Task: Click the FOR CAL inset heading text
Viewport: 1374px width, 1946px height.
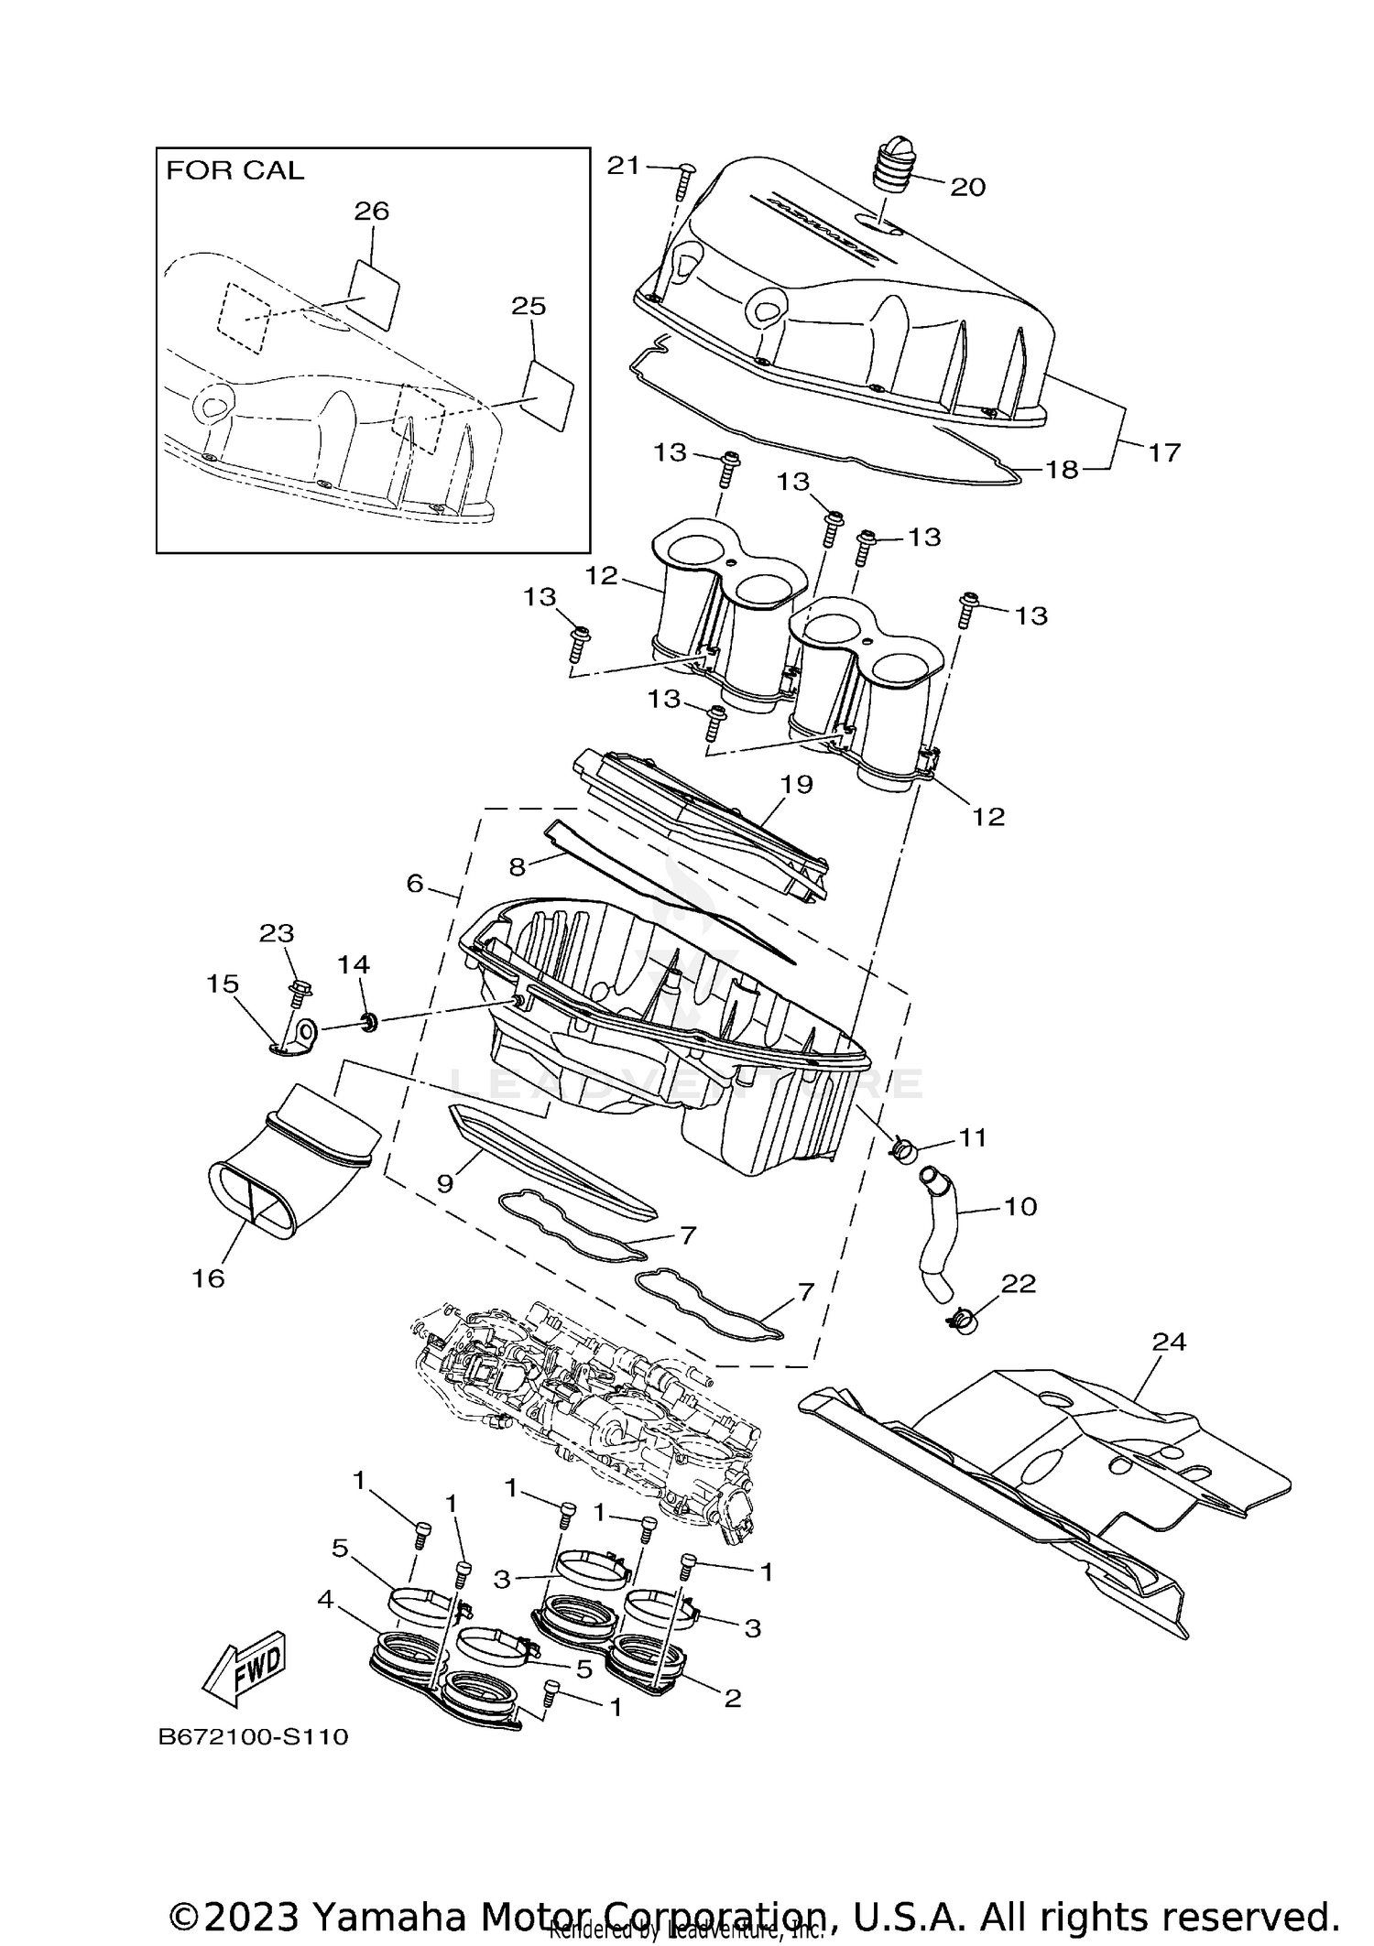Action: (x=234, y=171)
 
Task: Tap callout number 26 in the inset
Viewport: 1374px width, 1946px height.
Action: (x=372, y=212)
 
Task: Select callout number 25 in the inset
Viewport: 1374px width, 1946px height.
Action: (x=529, y=307)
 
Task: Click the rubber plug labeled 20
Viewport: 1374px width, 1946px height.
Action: (x=893, y=165)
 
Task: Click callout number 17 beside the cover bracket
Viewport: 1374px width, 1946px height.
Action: (x=1164, y=452)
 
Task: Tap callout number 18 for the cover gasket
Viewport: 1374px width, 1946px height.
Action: (x=1063, y=471)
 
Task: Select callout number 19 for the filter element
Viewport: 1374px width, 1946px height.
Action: (x=797, y=785)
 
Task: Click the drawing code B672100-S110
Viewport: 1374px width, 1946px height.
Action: (x=254, y=1736)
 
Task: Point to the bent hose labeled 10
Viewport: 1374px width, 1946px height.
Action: (x=943, y=1232)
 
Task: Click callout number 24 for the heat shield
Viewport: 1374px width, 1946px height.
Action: (x=1169, y=1343)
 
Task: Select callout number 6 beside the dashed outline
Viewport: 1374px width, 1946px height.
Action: (x=415, y=884)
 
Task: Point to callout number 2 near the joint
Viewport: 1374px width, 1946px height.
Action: (x=732, y=1699)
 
